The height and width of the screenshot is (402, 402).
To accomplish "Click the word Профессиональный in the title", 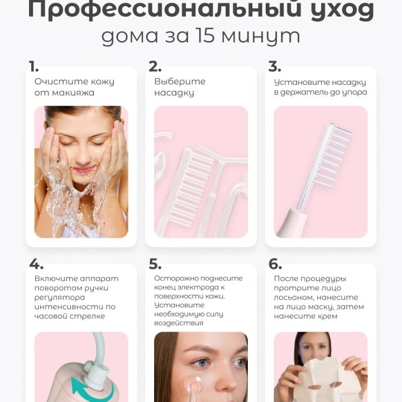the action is [x=164, y=10].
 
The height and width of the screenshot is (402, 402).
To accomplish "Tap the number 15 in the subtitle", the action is [x=204, y=35].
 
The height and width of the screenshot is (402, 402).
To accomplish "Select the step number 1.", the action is [x=33, y=66].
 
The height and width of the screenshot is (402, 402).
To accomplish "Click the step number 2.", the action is [x=155, y=66].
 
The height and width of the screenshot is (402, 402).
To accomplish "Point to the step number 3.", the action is [x=275, y=66].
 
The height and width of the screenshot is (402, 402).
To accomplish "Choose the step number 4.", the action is [x=36, y=264].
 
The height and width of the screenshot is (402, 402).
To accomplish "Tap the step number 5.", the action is [x=155, y=264].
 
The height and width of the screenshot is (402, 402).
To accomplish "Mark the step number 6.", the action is [x=275, y=264].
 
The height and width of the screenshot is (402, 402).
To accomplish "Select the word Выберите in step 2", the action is [x=180, y=82].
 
